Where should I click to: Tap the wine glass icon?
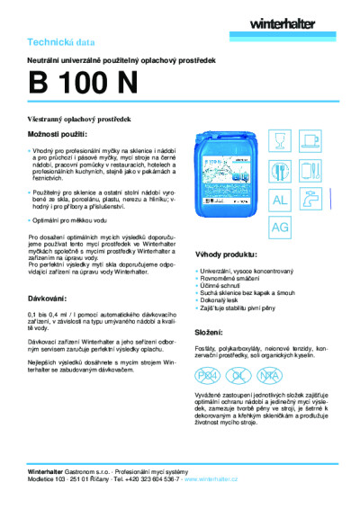pyautogui.click(x=280, y=140)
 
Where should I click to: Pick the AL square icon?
pyautogui.click(x=280, y=199)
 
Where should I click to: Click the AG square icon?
pyautogui.click(x=280, y=228)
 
